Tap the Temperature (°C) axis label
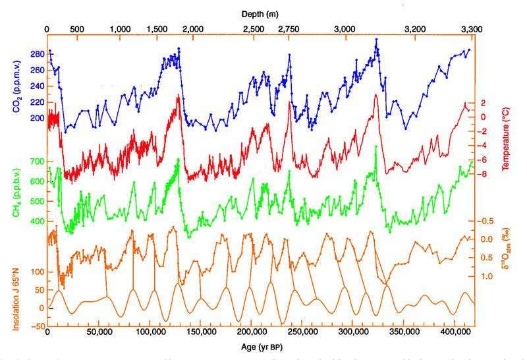507,138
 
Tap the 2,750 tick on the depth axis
288,30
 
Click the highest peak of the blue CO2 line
376,39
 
